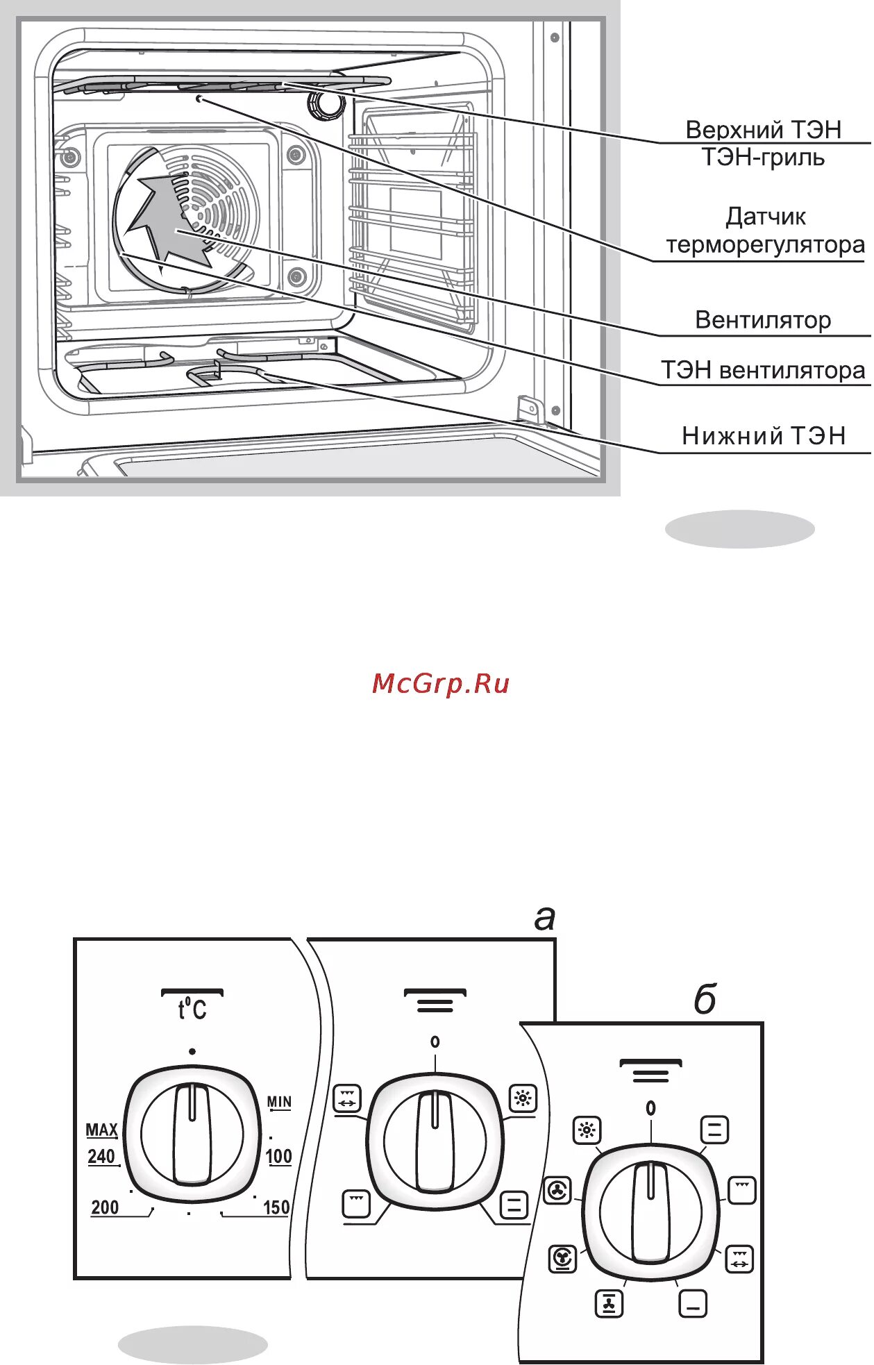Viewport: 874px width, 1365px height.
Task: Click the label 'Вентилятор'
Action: click(763, 320)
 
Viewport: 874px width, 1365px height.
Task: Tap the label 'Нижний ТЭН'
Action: click(764, 436)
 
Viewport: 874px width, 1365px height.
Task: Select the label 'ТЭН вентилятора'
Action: click(763, 370)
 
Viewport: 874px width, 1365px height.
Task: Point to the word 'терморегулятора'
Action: click(765, 245)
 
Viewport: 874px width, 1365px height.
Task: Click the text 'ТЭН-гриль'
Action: click(763, 158)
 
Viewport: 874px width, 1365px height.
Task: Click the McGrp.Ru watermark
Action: click(441, 683)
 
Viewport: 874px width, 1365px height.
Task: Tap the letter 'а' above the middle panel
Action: click(545, 918)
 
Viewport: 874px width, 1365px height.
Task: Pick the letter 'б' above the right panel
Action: click(704, 1000)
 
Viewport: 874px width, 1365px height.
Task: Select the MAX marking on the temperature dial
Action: click(101, 1130)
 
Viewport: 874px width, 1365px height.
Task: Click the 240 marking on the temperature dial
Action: click(101, 1157)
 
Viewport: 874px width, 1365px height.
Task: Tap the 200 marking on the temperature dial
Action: click(105, 1207)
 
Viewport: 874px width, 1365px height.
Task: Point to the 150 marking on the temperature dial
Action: click(276, 1207)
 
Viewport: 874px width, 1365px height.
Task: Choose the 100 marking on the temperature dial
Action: click(278, 1157)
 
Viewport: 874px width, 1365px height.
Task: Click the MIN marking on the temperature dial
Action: click(280, 1102)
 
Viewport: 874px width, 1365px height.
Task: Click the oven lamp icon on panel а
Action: click(523, 1098)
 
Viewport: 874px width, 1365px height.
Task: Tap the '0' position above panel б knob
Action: click(650, 1109)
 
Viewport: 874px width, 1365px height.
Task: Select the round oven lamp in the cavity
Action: click(325, 104)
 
